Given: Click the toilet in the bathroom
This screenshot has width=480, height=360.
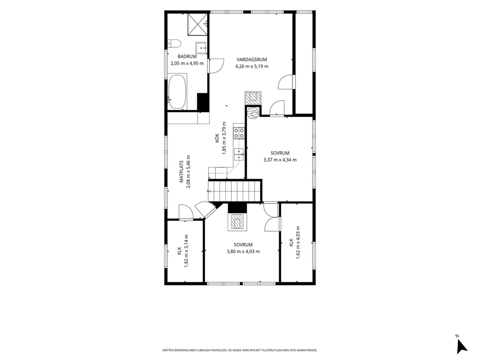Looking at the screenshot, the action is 174,43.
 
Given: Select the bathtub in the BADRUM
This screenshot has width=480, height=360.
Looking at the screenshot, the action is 177,91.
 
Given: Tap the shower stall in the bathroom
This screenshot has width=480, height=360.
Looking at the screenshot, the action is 198,24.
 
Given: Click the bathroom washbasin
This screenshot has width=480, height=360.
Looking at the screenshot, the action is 201,47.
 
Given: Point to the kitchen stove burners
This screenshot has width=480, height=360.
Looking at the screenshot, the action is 239,133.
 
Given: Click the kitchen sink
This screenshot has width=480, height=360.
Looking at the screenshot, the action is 239,154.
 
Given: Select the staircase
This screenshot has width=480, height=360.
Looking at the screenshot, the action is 234,191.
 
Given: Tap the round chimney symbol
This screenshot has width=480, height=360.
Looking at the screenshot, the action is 253,112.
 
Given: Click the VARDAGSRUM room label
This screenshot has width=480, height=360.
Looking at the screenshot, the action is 252,60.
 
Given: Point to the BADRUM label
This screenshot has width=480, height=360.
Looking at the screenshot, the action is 187,57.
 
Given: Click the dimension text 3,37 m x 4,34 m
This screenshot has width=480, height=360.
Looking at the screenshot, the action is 280,160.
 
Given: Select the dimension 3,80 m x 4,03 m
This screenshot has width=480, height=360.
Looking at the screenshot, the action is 243,252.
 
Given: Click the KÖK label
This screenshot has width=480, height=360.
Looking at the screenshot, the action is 216,138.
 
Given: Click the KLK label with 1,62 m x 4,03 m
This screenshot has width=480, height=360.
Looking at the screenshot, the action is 291,242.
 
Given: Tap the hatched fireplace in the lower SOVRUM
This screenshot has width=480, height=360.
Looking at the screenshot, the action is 237,222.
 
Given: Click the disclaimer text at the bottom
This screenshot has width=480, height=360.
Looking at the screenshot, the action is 240,350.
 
